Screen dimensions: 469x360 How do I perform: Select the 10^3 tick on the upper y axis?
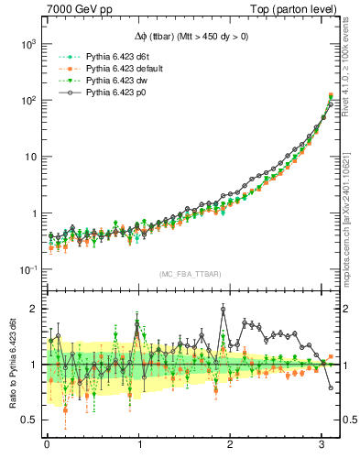(27, 43)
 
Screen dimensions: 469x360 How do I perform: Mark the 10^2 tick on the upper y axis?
(27, 100)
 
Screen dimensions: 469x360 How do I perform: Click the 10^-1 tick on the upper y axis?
(27, 269)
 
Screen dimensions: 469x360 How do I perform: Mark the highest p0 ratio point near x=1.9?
(224, 310)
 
